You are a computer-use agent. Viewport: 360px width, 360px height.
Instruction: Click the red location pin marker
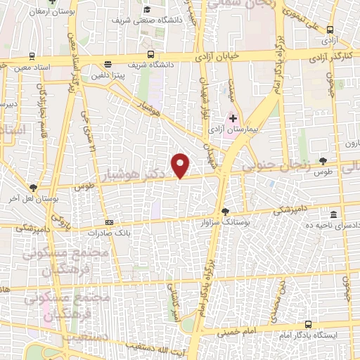coord(181,165)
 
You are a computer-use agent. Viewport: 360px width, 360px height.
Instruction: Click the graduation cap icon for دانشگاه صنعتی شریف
coord(148,9)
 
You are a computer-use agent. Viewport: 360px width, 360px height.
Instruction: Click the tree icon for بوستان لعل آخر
coord(33,188)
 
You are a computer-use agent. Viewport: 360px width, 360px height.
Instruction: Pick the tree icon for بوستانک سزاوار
coord(224,210)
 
